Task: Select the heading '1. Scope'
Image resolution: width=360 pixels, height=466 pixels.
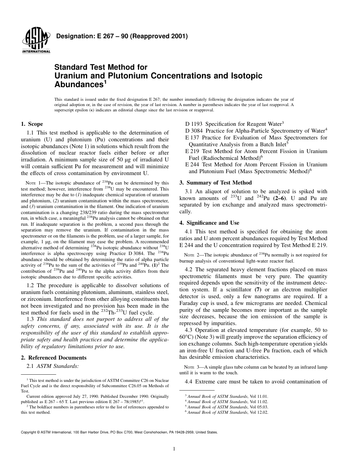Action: tap(32, 124)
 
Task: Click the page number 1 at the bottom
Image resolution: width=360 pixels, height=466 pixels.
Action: tap(174, 449)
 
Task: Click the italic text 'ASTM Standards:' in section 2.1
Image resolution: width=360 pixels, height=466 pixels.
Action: tap(58, 366)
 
